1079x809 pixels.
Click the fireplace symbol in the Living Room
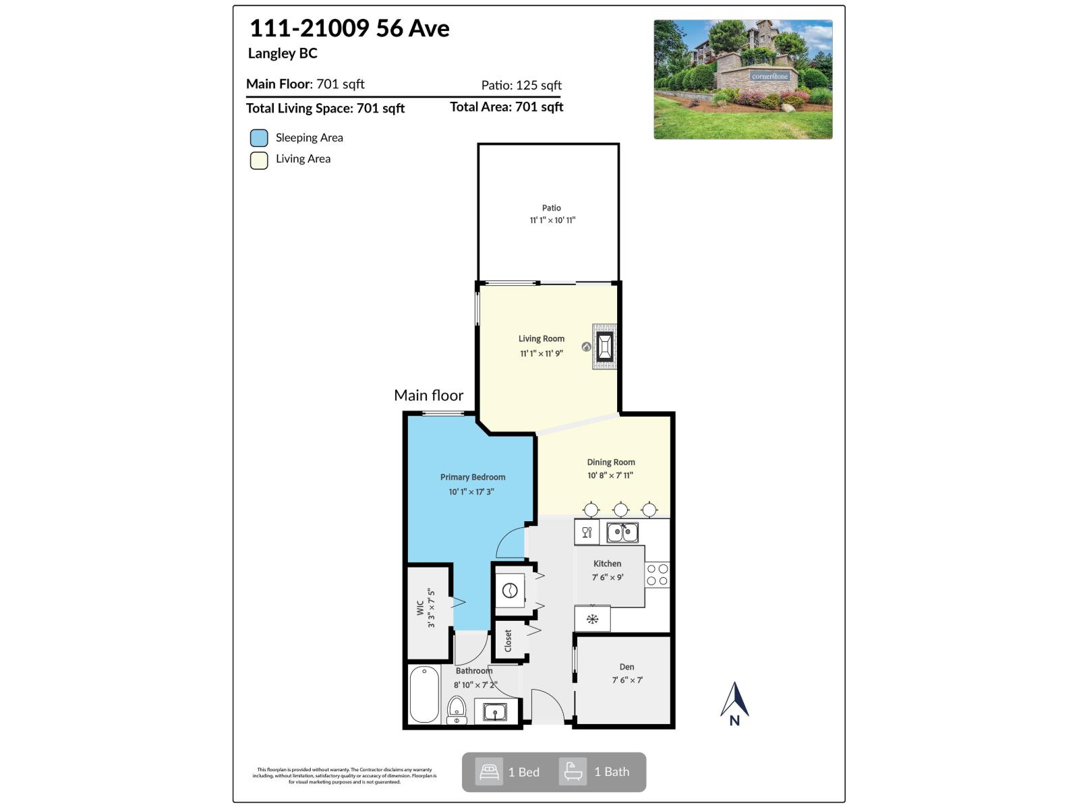[604, 347]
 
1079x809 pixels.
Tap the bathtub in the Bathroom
[424, 694]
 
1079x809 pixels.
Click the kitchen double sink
[622, 533]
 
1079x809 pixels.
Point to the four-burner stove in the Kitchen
[657, 575]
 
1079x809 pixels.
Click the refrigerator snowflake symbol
[592, 619]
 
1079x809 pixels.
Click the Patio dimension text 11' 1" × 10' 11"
[552, 220]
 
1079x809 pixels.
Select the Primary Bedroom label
[473, 477]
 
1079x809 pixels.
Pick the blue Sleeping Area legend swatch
[259, 138]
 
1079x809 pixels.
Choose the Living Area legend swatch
[259, 160]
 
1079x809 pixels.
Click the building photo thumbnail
[742, 80]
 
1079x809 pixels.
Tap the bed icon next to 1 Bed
[489, 772]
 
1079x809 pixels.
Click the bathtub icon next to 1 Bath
[573, 772]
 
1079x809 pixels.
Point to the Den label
[626, 667]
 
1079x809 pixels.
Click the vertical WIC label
[420, 608]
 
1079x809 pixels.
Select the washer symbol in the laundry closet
[510, 591]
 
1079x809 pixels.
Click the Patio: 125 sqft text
[521, 86]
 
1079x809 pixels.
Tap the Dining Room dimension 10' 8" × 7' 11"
[610, 475]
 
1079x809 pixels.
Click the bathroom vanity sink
[495, 711]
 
